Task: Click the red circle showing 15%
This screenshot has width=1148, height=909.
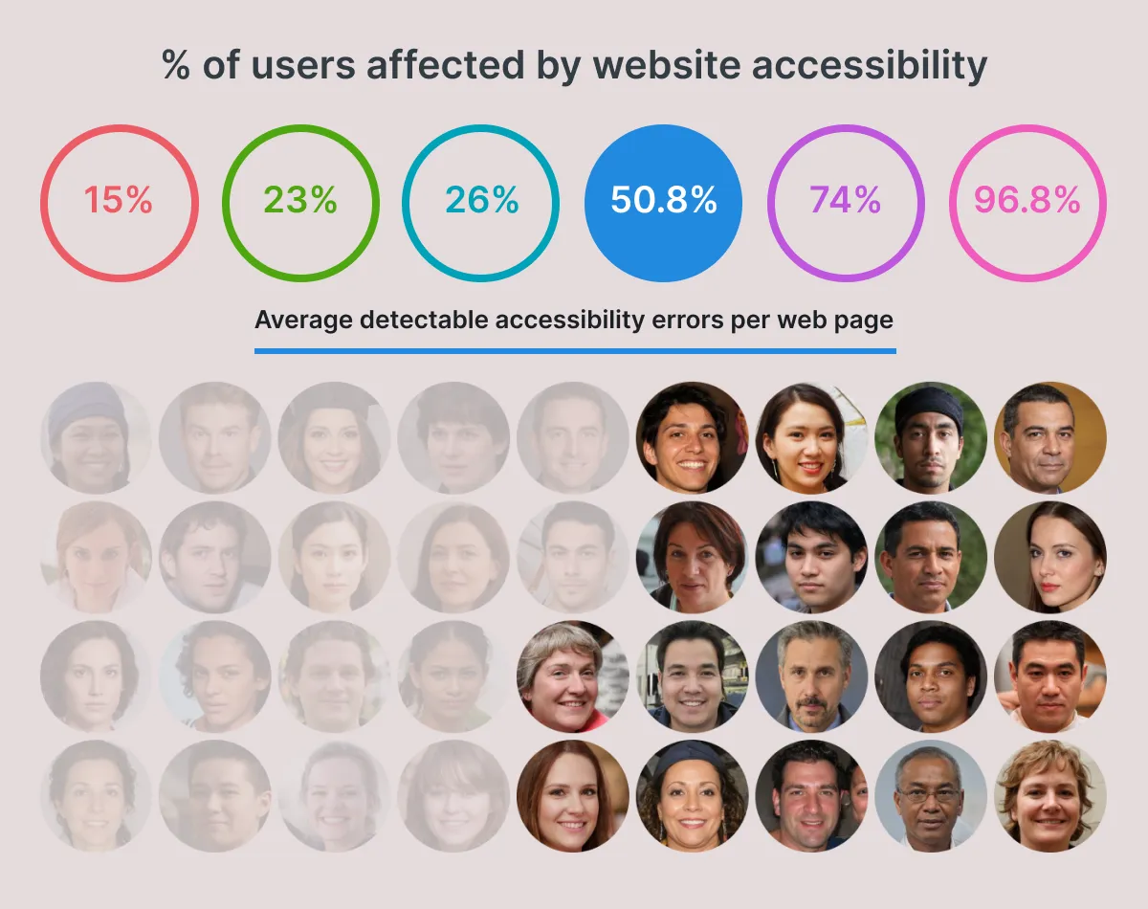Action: coord(119,203)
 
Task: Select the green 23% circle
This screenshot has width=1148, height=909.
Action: coord(300,203)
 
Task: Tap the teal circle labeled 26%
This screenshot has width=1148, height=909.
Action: coord(481,203)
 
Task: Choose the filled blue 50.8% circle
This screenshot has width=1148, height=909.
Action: coord(663,203)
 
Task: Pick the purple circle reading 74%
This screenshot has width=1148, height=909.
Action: coord(845,203)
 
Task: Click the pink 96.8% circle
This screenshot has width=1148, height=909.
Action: coord(1027,203)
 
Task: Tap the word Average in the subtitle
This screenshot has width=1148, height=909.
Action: coord(303,320)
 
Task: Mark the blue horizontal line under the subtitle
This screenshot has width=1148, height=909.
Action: coord(574,350)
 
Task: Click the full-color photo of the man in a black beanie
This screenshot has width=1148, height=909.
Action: coord(930,438)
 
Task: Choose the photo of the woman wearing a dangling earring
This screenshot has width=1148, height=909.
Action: coord(810,438)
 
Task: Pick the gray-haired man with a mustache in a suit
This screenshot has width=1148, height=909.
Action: coord(810,676)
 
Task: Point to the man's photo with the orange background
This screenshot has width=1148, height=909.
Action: coord(1049,438)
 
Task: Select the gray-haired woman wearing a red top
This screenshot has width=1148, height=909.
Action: coord(572,676)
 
